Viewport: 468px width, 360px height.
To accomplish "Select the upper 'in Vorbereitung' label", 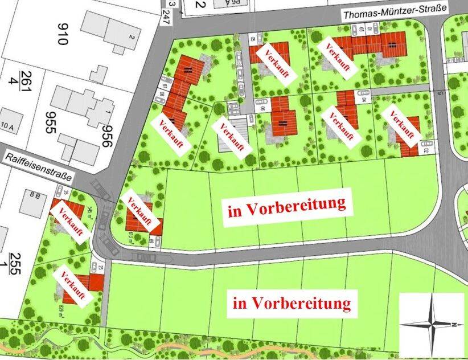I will point(287,207).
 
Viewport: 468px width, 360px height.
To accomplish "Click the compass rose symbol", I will point(432,323).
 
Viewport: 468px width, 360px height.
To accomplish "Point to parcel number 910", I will point(62,34).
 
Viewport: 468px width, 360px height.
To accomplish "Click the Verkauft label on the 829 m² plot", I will point(72,287).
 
